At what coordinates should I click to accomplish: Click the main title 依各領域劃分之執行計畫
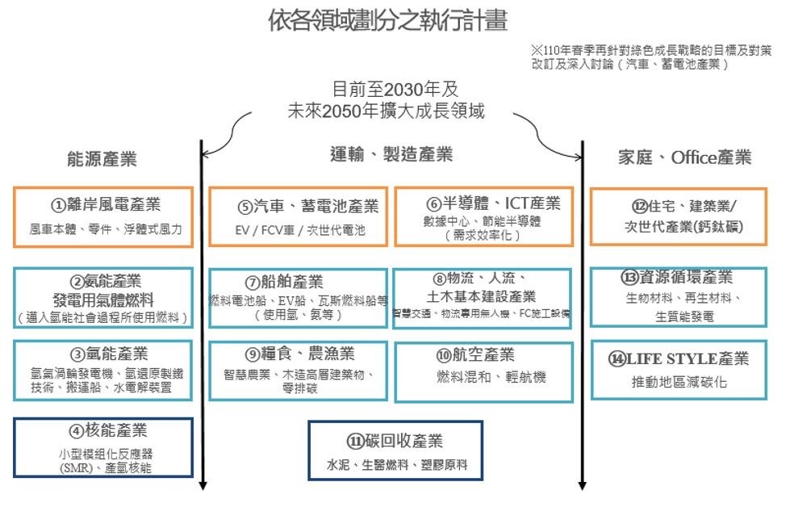pos(388,20)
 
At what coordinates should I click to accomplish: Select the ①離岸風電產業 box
pos(102,216)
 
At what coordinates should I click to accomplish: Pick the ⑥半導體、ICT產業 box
pos(483,216)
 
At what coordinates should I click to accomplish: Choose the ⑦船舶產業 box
pos(297,298)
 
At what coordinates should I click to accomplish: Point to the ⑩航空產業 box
pos(483,371)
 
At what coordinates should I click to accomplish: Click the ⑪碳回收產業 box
pos(395,450)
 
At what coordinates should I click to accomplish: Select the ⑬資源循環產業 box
pos(678,296)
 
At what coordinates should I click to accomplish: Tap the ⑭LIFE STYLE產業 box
pos(678,370)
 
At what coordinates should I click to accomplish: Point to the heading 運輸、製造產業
pos(391,154)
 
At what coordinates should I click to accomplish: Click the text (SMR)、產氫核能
pos(103,467)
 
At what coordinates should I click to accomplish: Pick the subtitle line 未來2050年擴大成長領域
pos(387,111)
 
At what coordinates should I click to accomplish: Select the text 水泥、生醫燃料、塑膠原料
pos(397,465)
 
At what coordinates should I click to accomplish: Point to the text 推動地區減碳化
pos(679,382)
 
